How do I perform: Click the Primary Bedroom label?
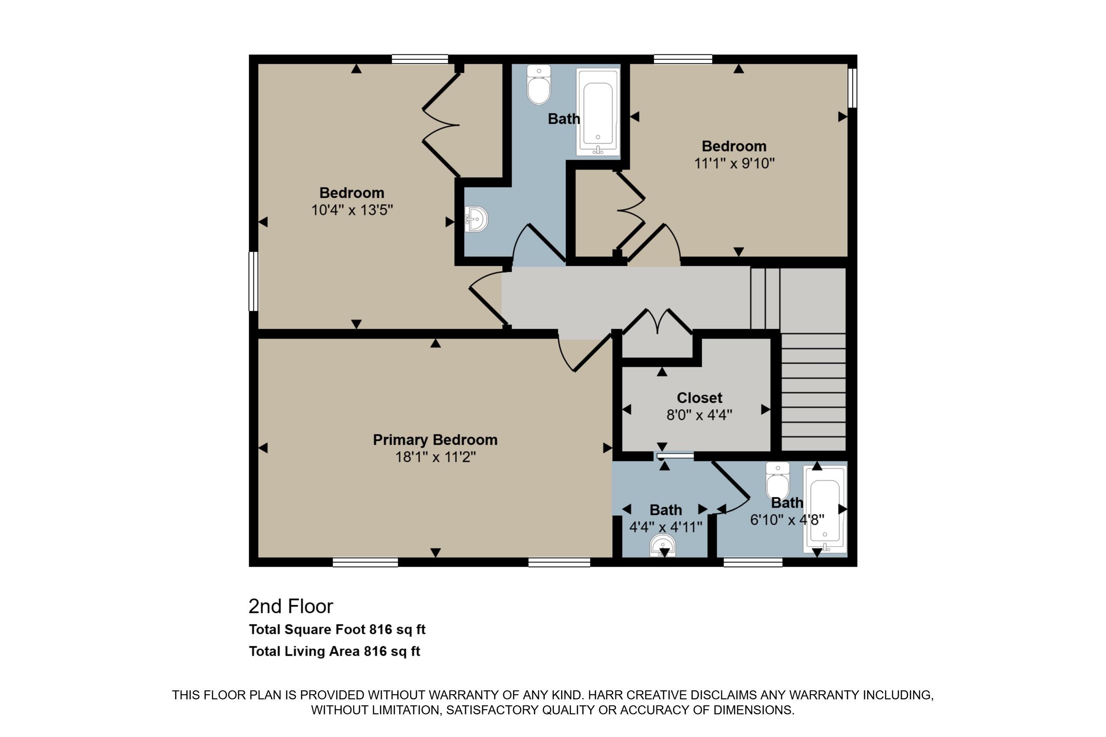[x=435, y=440]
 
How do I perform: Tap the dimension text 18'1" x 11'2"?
[x=435, y=457]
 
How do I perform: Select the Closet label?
[x=699, y=398]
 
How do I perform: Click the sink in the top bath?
[x=476, y=219]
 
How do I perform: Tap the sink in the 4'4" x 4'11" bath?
[x=662, y=547]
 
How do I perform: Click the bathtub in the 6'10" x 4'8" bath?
[x=825, y=508]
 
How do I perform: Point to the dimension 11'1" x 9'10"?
[x=734, y=163]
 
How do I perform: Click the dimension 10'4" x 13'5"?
[x=352, y=210]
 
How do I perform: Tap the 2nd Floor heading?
[x=291, y=607]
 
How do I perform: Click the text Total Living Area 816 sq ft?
[x=334, y=651]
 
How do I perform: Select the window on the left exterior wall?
[x=253, y=281]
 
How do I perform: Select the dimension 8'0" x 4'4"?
[x=699, y=415]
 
